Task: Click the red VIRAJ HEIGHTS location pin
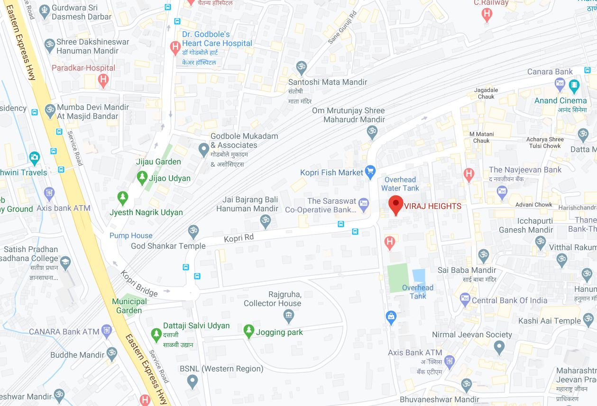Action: coord(396,205)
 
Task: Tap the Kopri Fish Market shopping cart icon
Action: coord(371,172)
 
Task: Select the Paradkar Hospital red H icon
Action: coord(103,81)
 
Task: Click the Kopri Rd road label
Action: coord(239,238)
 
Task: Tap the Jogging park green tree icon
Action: coord(248,331)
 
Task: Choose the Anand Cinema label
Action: coord(560,100)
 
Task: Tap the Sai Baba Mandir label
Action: coord(467,270)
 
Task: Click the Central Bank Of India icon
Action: coord(465,299)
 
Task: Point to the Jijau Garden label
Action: coord(158,162)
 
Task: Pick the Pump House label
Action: coord(131,235)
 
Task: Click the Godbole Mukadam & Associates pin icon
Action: coord(204,150)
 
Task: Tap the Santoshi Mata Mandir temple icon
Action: coord(301,67)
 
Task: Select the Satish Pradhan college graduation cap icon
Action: coord(64,261)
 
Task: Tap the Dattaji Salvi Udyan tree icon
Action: coord(156,334)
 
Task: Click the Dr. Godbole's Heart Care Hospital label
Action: coord(217,39)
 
